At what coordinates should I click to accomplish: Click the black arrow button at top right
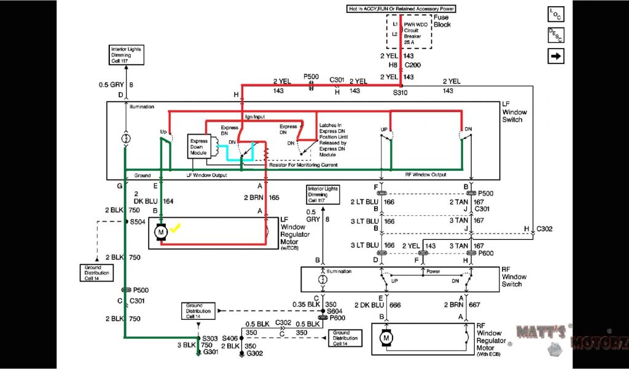(x=557, y=56)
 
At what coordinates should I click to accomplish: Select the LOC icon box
(x=557, y=15)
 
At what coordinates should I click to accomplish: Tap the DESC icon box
(x=557, y=36)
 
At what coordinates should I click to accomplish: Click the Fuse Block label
(x=442, y=22)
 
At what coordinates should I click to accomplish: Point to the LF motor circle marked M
(x=161, y=232)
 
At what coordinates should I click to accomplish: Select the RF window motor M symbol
(x=386, y=337)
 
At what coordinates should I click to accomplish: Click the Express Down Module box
(x=200, y=145)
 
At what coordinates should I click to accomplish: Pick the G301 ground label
(x=211, y=352)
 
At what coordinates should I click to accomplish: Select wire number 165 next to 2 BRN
(x=274, y=197)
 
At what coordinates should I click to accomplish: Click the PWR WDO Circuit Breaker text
(x=416, y=33)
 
